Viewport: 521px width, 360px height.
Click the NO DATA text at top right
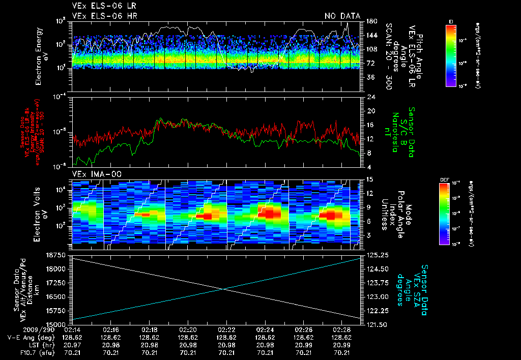coord(342,16)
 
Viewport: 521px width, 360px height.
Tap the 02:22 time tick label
coord(226,329)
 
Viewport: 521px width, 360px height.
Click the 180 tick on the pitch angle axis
coord(370,21)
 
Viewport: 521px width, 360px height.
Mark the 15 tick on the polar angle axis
coord(369,179)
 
